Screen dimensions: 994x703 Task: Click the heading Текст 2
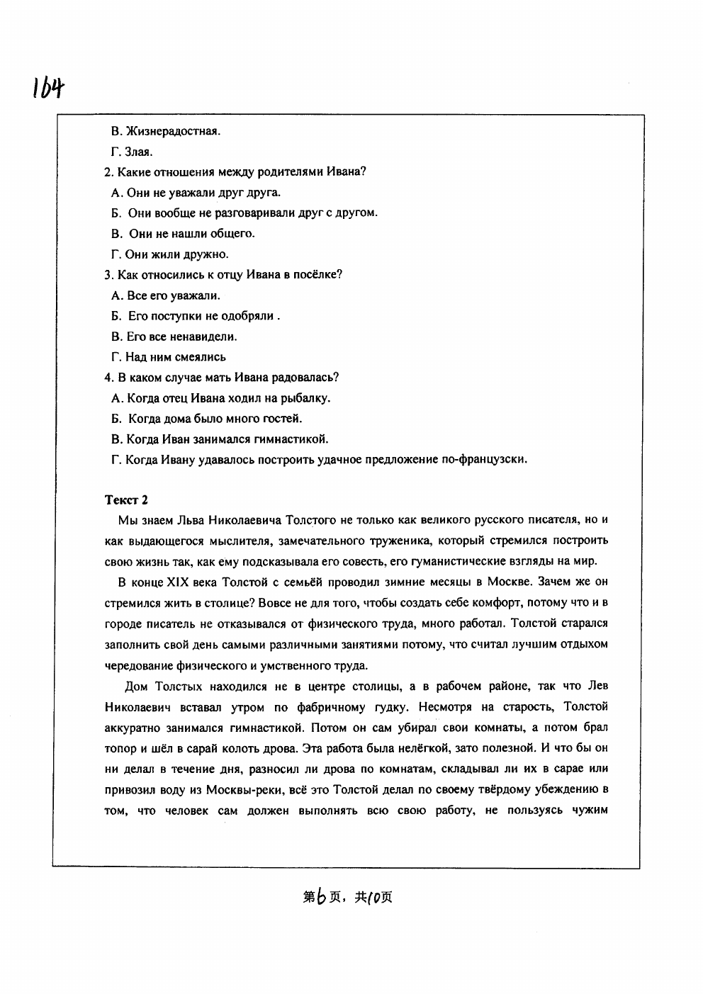tap(126, 499)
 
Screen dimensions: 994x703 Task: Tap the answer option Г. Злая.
tap(132, 152)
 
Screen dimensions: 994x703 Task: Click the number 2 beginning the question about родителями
tap(107, 171)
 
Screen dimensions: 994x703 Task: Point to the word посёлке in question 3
tap(317, 275)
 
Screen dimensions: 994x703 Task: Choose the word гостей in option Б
tap(282, 419)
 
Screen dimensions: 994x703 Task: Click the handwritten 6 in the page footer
tap(322, 898)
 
